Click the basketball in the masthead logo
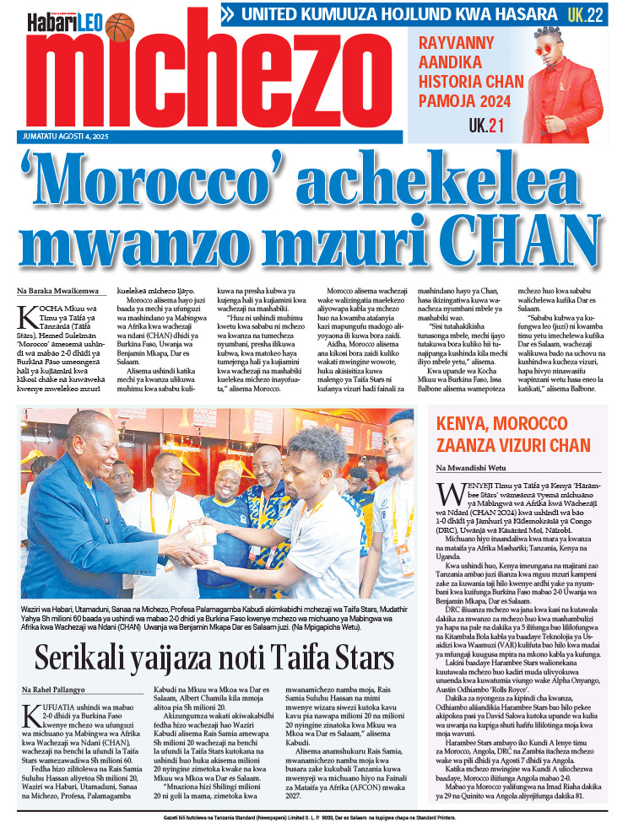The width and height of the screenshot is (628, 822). tap(121, 26)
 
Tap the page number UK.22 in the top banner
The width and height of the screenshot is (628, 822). tap(585, 13)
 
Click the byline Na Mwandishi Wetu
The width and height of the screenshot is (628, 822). tap(471, 467)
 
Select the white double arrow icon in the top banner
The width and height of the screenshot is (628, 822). tap(227, 14)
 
